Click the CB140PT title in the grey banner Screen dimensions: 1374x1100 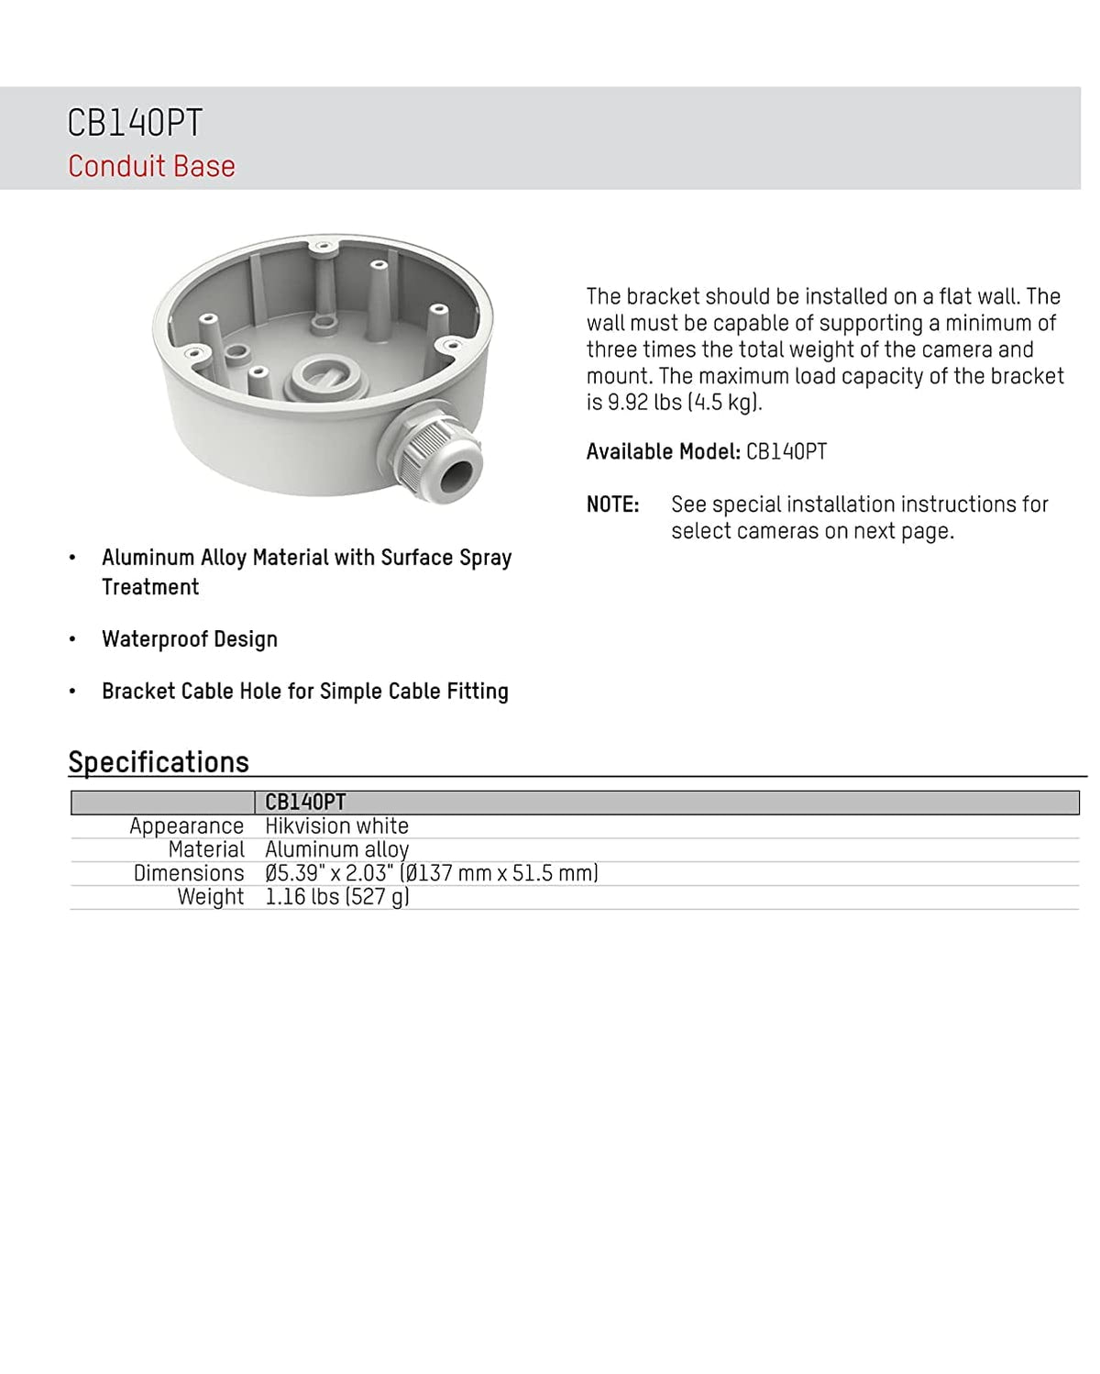pos(135,123)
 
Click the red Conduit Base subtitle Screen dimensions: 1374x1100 pos(151,166)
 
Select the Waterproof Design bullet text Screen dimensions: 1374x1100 pos(190,639)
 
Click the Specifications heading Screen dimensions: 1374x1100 pos(159,762)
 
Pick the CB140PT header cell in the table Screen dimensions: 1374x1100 pos(305,803)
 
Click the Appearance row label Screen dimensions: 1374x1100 pos(186,826)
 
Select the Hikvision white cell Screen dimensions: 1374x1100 pos(336,826)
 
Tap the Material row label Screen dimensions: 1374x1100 pos(206,850)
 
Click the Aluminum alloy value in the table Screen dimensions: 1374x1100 pos(336,850)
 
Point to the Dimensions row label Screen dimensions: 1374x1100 pos(189,873)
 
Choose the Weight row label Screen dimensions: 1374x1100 pos(211,897)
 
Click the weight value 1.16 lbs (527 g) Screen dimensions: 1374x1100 pos(336,897)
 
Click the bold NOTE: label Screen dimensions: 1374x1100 pos(612,504)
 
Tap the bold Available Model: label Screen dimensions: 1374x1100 pos(663,452)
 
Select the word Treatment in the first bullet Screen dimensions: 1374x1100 pos(150,587)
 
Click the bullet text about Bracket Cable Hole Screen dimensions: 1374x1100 pos(304,692)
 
